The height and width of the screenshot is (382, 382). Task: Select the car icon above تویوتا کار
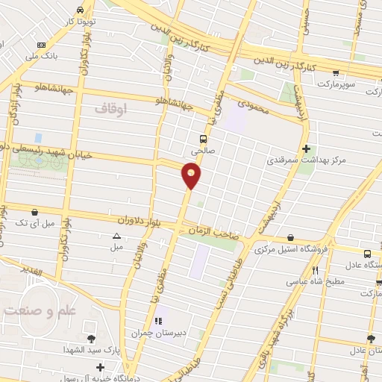[x=81, y=10]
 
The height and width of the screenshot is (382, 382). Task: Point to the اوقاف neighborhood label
[x=112, y=109]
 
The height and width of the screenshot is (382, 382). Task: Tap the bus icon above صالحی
[x=203, y=138]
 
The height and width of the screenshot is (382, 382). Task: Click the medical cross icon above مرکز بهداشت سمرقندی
[x=306, y=148]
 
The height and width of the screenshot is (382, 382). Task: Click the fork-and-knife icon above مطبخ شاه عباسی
[x=316, y=269]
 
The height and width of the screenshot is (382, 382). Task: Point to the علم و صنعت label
[x=32, y=308]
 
